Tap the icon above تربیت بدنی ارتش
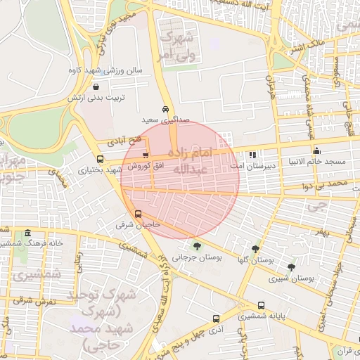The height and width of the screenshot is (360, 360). pos(95,87)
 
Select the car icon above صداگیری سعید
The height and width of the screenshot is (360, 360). pos(165,110)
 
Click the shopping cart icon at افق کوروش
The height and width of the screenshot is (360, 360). pos(146,156)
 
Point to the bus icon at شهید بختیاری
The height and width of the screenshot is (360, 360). pos(101,159)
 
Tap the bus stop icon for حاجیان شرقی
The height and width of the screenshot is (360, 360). pos(138,214)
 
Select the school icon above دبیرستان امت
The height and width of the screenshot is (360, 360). pos(252,154)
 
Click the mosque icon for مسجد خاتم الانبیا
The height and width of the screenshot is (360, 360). pos(317,150)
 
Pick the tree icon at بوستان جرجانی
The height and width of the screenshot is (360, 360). pos(196,245)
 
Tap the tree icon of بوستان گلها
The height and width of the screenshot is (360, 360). pos(255,249)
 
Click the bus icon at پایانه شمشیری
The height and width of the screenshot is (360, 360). pos(262,306)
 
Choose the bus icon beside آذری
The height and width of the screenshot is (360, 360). pos(216,317)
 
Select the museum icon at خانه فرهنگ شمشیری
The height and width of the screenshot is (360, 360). pos(28,233)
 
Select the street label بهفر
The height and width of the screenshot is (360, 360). pos(320,231)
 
